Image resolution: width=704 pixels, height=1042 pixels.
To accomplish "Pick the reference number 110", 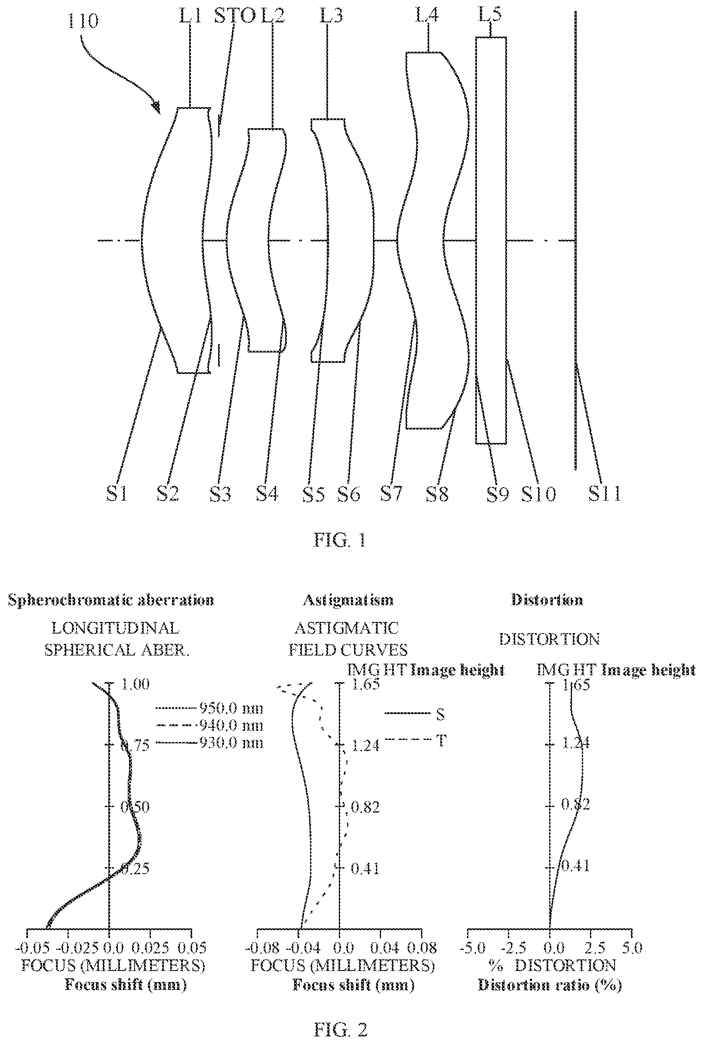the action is (83, 21).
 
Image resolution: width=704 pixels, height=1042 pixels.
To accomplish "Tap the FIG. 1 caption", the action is (339, 540).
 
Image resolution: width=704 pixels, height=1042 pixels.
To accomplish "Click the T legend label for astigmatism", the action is (441, 740).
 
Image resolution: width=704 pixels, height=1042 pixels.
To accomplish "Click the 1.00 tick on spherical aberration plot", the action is (135, 684).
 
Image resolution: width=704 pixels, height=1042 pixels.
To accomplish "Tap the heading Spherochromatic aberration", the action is (111, 600).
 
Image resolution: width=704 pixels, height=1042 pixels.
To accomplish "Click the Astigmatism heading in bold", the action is (348, 600).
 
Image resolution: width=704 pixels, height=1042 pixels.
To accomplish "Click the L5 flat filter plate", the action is (491, 240).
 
